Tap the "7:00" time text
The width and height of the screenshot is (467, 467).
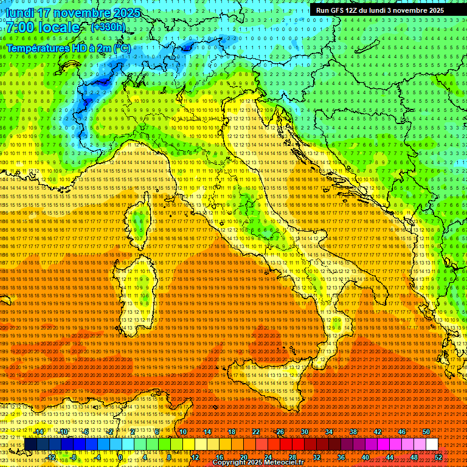[x=22, y=27]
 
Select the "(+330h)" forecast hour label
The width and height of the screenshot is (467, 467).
[x=108, y=27]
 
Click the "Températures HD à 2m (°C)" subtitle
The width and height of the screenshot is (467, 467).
[x=68, y=48]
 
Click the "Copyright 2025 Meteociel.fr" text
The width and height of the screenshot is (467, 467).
[x=262, y=463]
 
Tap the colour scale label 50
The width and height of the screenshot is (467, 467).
[x=426, y=432]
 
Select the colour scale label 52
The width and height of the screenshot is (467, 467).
[x=438, y=457]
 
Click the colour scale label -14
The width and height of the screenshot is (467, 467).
[x=39, y=432]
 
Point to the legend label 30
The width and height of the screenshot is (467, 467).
[x=304, y=432]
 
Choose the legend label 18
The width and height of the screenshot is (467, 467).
[x=231, y=432]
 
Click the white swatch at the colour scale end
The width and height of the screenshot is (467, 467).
[x=432, y=445]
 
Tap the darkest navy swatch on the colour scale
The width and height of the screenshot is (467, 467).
[x=30, y=445]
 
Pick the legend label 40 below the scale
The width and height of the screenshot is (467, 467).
[x=365, y=457]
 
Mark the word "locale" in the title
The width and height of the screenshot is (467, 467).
[x=58, y=27]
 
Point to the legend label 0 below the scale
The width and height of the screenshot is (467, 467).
[x=120, y=457]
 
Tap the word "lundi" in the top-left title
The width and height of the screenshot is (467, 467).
[x=19, y=13]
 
